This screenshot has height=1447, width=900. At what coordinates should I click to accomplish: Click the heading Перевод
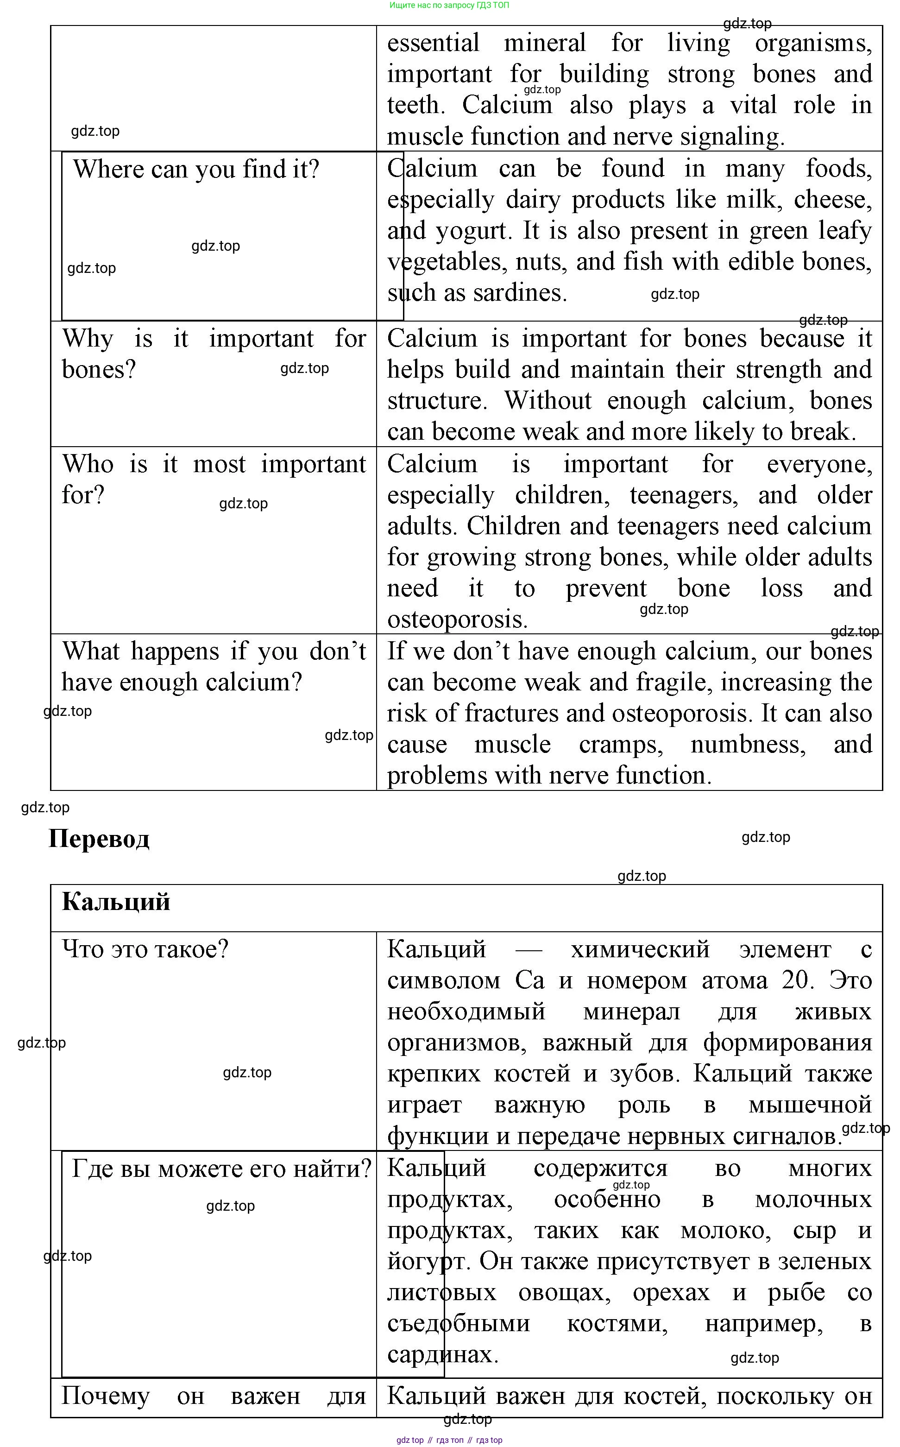(99, 839)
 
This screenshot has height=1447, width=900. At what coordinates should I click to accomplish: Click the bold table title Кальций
(116, 903)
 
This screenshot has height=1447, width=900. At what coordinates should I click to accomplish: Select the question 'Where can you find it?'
(196, 170)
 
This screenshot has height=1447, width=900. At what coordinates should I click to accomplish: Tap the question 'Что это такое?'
(145, 949)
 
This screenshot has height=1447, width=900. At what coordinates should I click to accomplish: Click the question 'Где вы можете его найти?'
(221, 1169)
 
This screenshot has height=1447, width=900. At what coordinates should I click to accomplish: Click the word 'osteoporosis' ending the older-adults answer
(457, 619)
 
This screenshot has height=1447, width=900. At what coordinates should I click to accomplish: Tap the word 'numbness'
(748, 745)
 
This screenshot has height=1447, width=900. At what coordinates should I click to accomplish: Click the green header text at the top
(449, 6)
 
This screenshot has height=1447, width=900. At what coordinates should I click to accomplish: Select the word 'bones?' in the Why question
(99, 370)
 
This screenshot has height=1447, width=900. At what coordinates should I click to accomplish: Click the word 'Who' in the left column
(88, 464)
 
